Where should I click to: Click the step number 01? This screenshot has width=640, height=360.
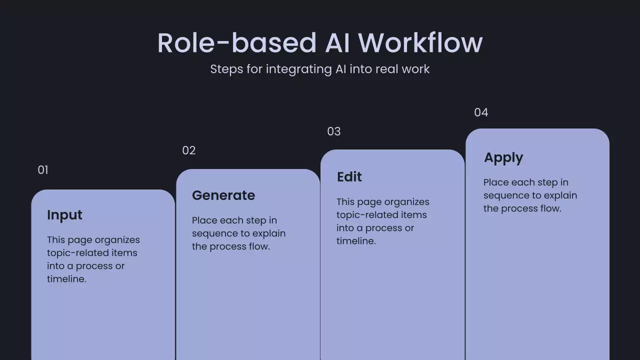pyautogui.click(x=43, y=170)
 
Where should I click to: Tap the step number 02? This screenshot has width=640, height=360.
pyautogui.click(x=188, y=150)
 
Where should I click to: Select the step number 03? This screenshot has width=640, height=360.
pyautogui.click(x=333, y=131)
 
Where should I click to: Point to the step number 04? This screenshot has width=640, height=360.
pyautogui.click(x=480, y=112)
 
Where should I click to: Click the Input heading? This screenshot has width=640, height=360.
pyautogui.click(x=64, y=215)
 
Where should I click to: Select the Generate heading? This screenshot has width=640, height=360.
pyautogui.click(x=223, y=195)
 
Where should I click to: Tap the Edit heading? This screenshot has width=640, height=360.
pyautogui.click(x=349, y=177)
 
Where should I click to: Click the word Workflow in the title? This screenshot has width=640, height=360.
pyautogui.click(x=420, y=43)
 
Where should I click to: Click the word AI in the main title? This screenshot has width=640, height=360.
pyautogui.click(x=336, y=43)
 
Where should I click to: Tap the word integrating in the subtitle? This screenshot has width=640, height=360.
pyautogui.click(x=298, y=69)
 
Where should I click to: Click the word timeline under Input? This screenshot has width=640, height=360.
pyautogui.click(x=66, y=279)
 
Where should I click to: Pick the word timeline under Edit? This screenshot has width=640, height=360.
pyautogui.click(x=355, y=241)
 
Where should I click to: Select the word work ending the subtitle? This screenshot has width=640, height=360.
pyautogui.click(x=416, y=69)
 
